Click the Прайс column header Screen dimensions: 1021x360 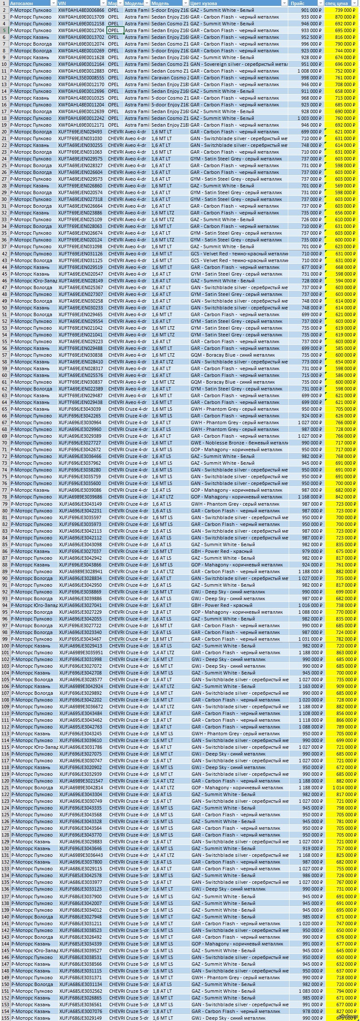click(302, 3)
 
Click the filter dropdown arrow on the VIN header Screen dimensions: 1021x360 click(103, 3)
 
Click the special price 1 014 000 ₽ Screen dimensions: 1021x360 click(344, 788)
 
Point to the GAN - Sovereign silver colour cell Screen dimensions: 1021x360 click(238, 64)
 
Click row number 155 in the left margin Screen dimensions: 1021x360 click(5, 1018)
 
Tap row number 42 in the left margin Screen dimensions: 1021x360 click(5, 254)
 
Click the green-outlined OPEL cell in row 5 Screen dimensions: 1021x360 click(115, 30)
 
